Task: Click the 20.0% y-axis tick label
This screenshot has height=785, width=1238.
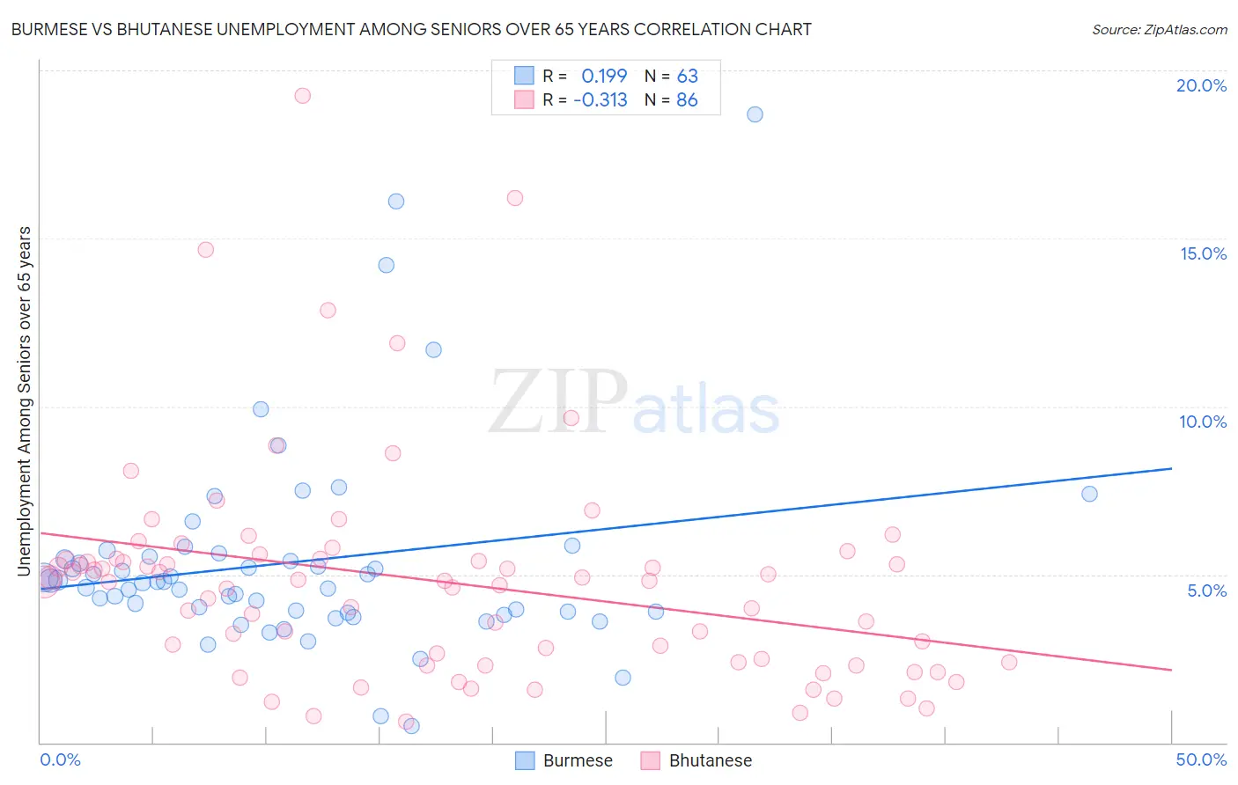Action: pos(1201,85)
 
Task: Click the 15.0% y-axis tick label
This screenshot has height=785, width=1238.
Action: pos(1203,253)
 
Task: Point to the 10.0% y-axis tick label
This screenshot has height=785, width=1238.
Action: pos(1203,422)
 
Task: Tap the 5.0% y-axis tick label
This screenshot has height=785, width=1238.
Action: pos(1206,591)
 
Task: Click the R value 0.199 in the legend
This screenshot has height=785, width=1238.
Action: pos(604,76)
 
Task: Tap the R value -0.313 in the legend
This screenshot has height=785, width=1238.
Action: pos(600,100)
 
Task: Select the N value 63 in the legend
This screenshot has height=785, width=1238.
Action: pos(687,76)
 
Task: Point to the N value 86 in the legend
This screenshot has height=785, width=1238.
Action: pos(687,100)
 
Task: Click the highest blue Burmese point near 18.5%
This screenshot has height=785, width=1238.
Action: pos(755,114)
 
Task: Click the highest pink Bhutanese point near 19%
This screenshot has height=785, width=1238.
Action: pos(302,96)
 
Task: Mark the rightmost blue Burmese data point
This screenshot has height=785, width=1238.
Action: pos(1089,494)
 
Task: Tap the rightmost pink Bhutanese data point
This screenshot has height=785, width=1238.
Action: pos(1009,662)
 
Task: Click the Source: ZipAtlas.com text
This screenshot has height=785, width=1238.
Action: pos(1159,29)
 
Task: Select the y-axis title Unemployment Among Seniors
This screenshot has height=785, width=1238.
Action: pos(24,400)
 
